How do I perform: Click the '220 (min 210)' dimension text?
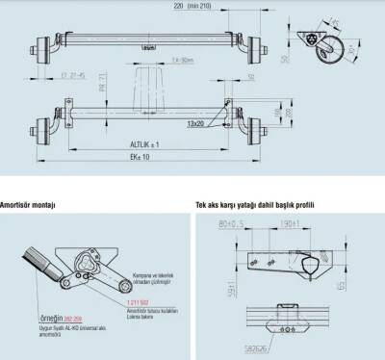[235, 6]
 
